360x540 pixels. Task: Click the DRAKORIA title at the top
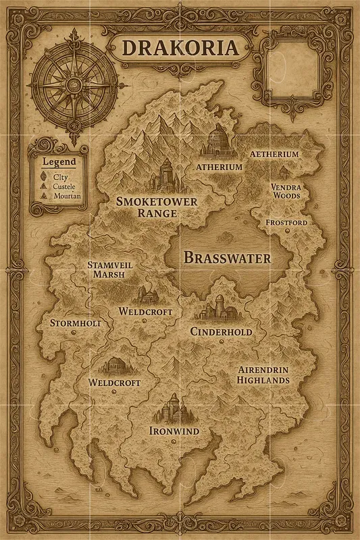pos(180,49)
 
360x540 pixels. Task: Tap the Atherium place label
pos(219,167)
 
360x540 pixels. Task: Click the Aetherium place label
pos(274,154)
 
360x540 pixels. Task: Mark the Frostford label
pos(286,222)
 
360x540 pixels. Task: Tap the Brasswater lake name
pos(228,258)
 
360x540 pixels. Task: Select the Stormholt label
pos(76,323)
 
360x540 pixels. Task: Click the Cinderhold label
pos(221,332)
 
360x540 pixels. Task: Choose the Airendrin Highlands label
pos(263,375)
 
